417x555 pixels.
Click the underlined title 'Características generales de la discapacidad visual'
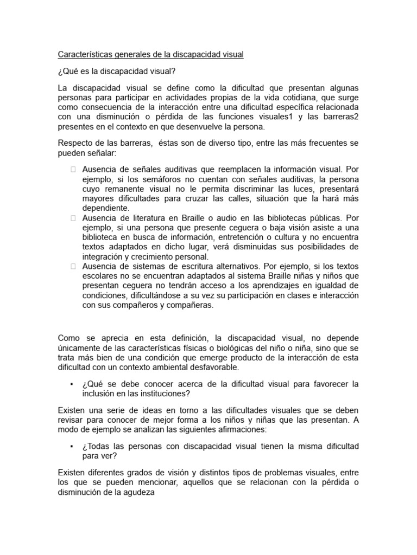[x=150, y=55]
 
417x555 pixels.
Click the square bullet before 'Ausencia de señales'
[x=73, y=169]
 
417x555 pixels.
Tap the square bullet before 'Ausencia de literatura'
[x=73, y=218]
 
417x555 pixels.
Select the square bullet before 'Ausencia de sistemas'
[x=73, y=266]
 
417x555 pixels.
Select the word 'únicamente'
[x=79, y=348]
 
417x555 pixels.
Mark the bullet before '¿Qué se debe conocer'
[x=71, y=384]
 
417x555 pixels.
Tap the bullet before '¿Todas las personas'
[x=71, y=446]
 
